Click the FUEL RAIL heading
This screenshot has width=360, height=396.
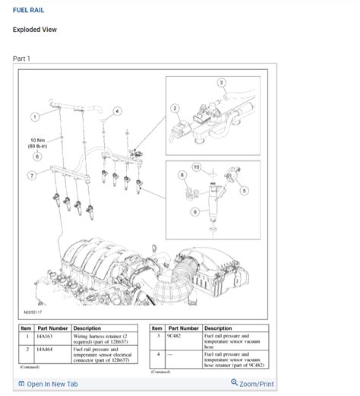(28, 10)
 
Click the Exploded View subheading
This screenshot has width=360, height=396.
(35, 30)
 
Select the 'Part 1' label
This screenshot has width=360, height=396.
(22, 59)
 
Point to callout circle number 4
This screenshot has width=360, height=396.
(117, 111)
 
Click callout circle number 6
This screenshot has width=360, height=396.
(36, 157)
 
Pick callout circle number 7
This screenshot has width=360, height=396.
(32, 176)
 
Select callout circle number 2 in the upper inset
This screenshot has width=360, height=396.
(175, 108)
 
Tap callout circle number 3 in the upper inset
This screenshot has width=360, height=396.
(221, 82)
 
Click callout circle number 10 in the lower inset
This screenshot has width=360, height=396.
(196, 166)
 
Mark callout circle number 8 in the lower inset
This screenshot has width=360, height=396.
(182, 175)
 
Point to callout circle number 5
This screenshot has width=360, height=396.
(244, 190)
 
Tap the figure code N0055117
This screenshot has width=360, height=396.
(33, 312)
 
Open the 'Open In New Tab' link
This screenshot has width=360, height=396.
(48, 384)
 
